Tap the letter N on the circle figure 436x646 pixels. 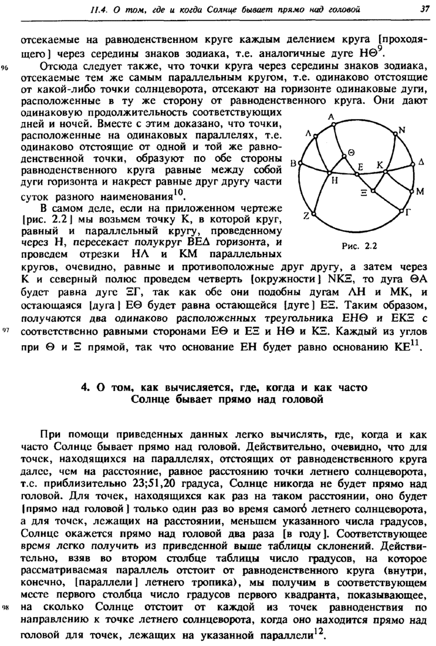pyautogui.click(x=402, y=130)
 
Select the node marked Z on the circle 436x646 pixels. pyautogui.click(x=306, y=216)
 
